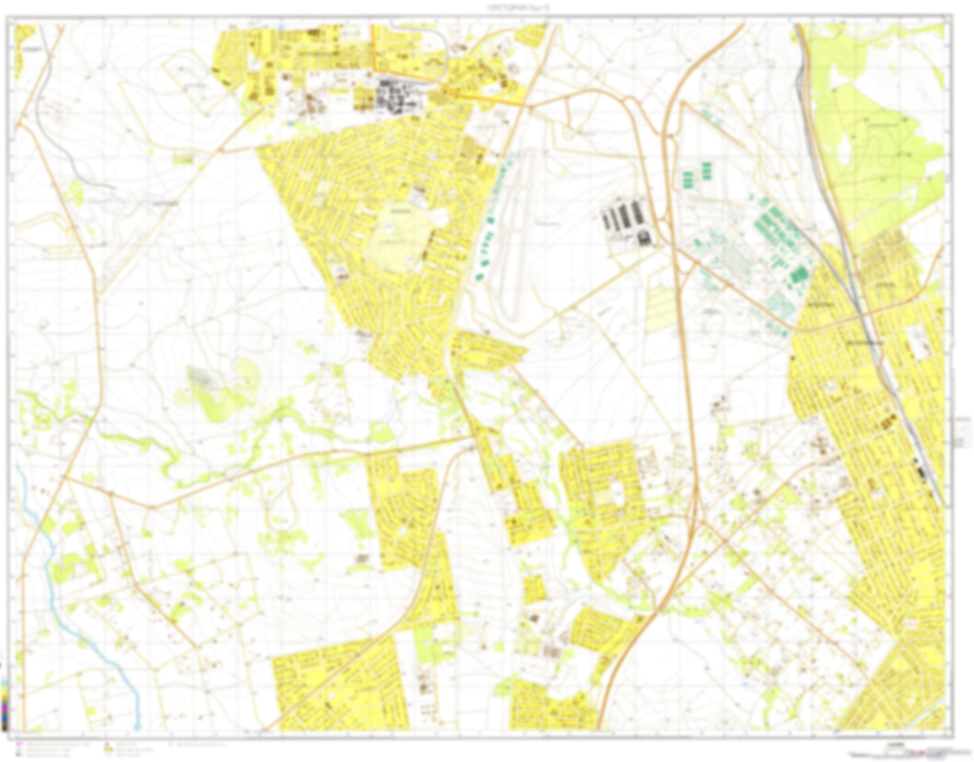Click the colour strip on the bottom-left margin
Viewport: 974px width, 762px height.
(x=5, y=704)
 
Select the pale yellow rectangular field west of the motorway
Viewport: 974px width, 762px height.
(x=664, y=310)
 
